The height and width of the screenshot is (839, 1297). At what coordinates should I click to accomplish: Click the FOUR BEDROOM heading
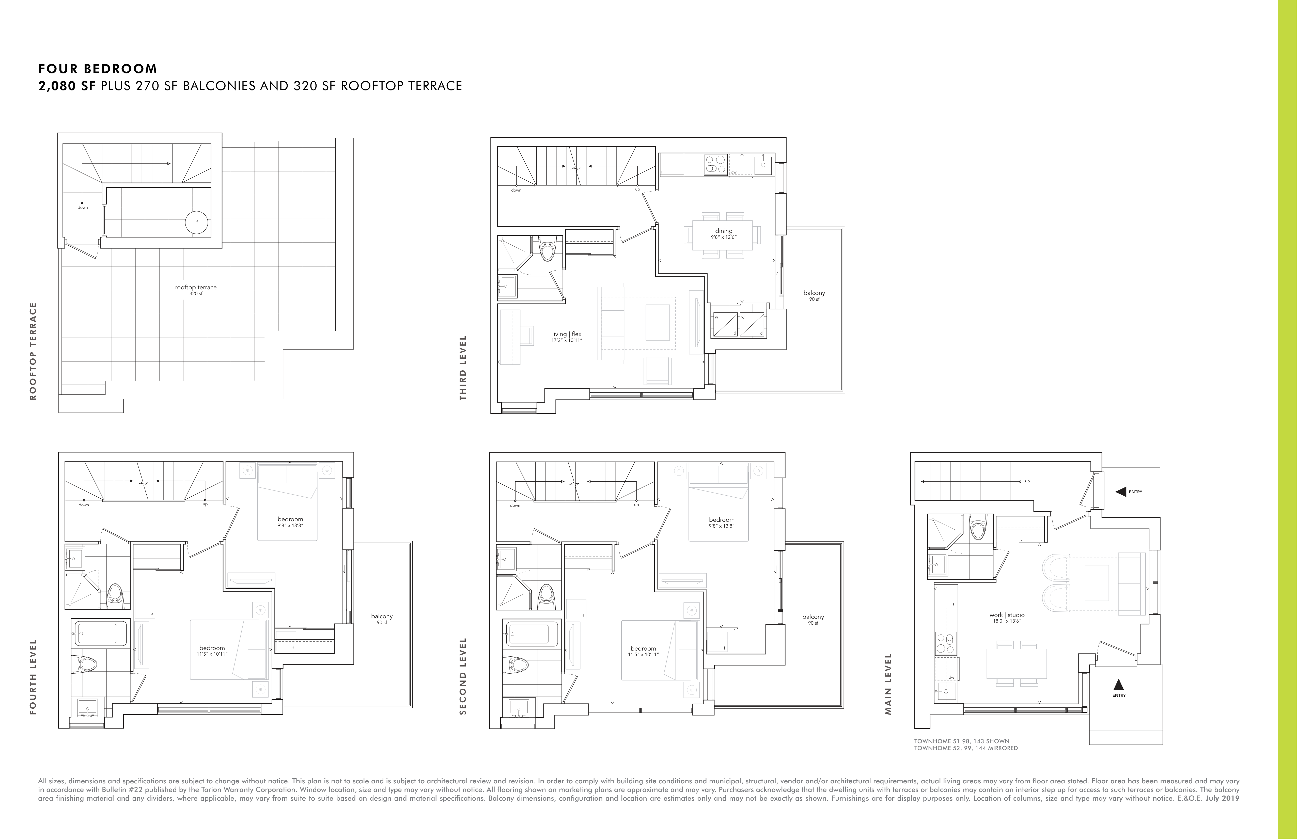[98, 69]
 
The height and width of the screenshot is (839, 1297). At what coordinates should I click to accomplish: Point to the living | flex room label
[567, 337]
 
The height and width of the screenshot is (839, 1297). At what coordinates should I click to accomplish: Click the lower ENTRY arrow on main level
[1119, 684]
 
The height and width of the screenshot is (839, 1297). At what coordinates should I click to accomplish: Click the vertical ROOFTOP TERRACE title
[33, 351]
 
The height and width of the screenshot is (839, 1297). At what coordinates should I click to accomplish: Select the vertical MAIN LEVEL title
[889, 684]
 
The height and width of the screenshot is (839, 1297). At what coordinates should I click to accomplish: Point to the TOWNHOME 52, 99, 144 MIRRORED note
[966, 748]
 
